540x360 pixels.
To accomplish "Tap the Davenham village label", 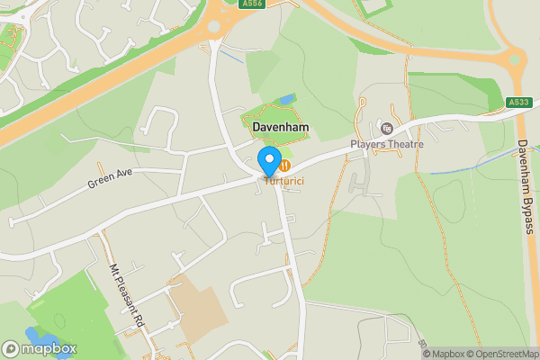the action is [x=280, y=129].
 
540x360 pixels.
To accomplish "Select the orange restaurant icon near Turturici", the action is [x=284, y=166].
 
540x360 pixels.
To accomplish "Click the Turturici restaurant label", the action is [x=283, y=182].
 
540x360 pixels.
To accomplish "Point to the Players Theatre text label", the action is [x=386, y=144].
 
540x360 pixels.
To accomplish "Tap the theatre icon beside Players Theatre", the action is [x=387, y=129].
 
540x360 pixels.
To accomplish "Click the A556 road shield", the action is [x=252, y=4].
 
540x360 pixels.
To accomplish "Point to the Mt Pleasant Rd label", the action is [x=127, y=292].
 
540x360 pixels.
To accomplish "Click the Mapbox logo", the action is [x=40, y=348].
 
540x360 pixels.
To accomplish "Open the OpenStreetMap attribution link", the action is [x=501, y=354].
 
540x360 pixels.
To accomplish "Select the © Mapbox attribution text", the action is [x=445, y=354].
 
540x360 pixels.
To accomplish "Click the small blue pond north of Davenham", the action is [x=286, y=98].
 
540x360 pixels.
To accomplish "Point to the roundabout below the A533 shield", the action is [x=516, y=62].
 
